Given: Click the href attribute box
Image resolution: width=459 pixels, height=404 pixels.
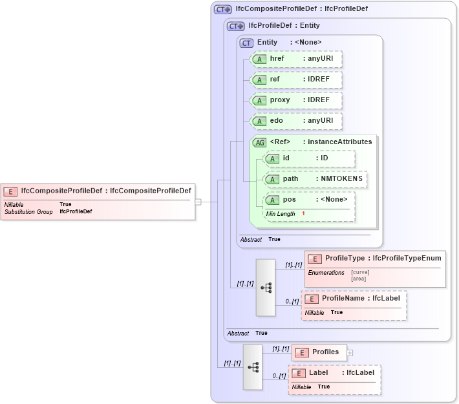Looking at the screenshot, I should click(x=295, y=59).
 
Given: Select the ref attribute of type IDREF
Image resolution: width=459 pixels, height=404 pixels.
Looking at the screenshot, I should click(x=295, y=80).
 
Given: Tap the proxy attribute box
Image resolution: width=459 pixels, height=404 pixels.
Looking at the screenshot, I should click(x=295, y=100).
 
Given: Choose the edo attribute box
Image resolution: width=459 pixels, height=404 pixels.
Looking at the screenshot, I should click(x=295, y=121).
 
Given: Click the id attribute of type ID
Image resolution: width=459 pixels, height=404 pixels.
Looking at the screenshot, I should click(x=309, y=158).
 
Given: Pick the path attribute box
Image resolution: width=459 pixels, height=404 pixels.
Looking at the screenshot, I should click(x=315, y=179).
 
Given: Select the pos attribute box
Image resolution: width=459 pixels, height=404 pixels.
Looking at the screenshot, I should click(x=309, y=200).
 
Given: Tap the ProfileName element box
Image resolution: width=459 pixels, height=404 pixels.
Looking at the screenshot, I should click(x=354, y=299).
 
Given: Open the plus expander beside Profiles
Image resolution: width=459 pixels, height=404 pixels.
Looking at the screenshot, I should click(x=350, y=352).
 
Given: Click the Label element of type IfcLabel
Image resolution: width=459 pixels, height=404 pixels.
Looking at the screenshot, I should click(x=334, y=373).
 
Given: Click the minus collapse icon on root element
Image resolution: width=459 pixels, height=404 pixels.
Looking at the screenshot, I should click(x=198, y=202).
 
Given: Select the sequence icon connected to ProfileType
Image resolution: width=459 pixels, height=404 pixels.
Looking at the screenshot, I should click(x=266, y=288).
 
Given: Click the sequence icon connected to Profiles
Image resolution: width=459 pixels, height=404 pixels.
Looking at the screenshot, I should click(x=253, y=367).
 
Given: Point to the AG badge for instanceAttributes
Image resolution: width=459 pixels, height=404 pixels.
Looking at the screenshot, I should click(x=259, y=142).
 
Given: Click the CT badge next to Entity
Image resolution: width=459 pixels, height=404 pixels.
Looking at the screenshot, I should click(x=246, y=43).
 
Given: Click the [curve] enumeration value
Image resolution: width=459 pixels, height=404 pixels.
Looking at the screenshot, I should click(x=360, y=272).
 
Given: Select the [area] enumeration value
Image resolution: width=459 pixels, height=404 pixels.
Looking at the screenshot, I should click(x=358, y=279).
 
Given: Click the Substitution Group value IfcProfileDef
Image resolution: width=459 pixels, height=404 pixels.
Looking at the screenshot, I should click(x=76, y=211).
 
